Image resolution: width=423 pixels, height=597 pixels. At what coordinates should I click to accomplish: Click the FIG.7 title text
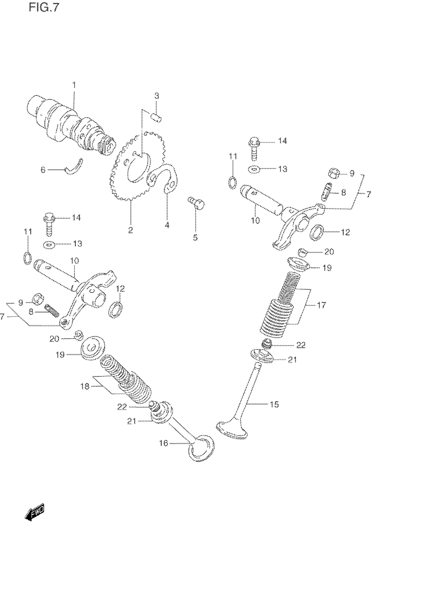(x=44, y=8)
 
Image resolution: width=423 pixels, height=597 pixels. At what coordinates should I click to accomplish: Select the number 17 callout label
(x=321, y=305)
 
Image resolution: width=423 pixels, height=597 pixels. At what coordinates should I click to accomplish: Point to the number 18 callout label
(x=85, y=387)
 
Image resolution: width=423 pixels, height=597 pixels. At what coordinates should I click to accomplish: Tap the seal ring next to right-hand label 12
(x=317, y=232)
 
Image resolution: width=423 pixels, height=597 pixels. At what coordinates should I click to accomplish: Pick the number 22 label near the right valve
(x=301, y=345)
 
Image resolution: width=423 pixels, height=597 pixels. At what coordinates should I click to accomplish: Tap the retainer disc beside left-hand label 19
(x=93, y=348)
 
